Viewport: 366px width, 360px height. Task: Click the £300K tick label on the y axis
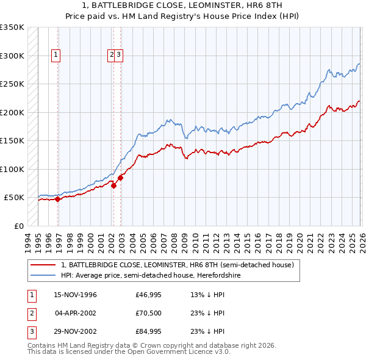12,56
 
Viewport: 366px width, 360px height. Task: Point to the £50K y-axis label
14,198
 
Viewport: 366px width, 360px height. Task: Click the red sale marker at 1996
58,199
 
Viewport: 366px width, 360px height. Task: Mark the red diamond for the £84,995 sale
121,178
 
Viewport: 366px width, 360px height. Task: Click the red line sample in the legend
43,265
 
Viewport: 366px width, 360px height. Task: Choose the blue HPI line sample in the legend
43,275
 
